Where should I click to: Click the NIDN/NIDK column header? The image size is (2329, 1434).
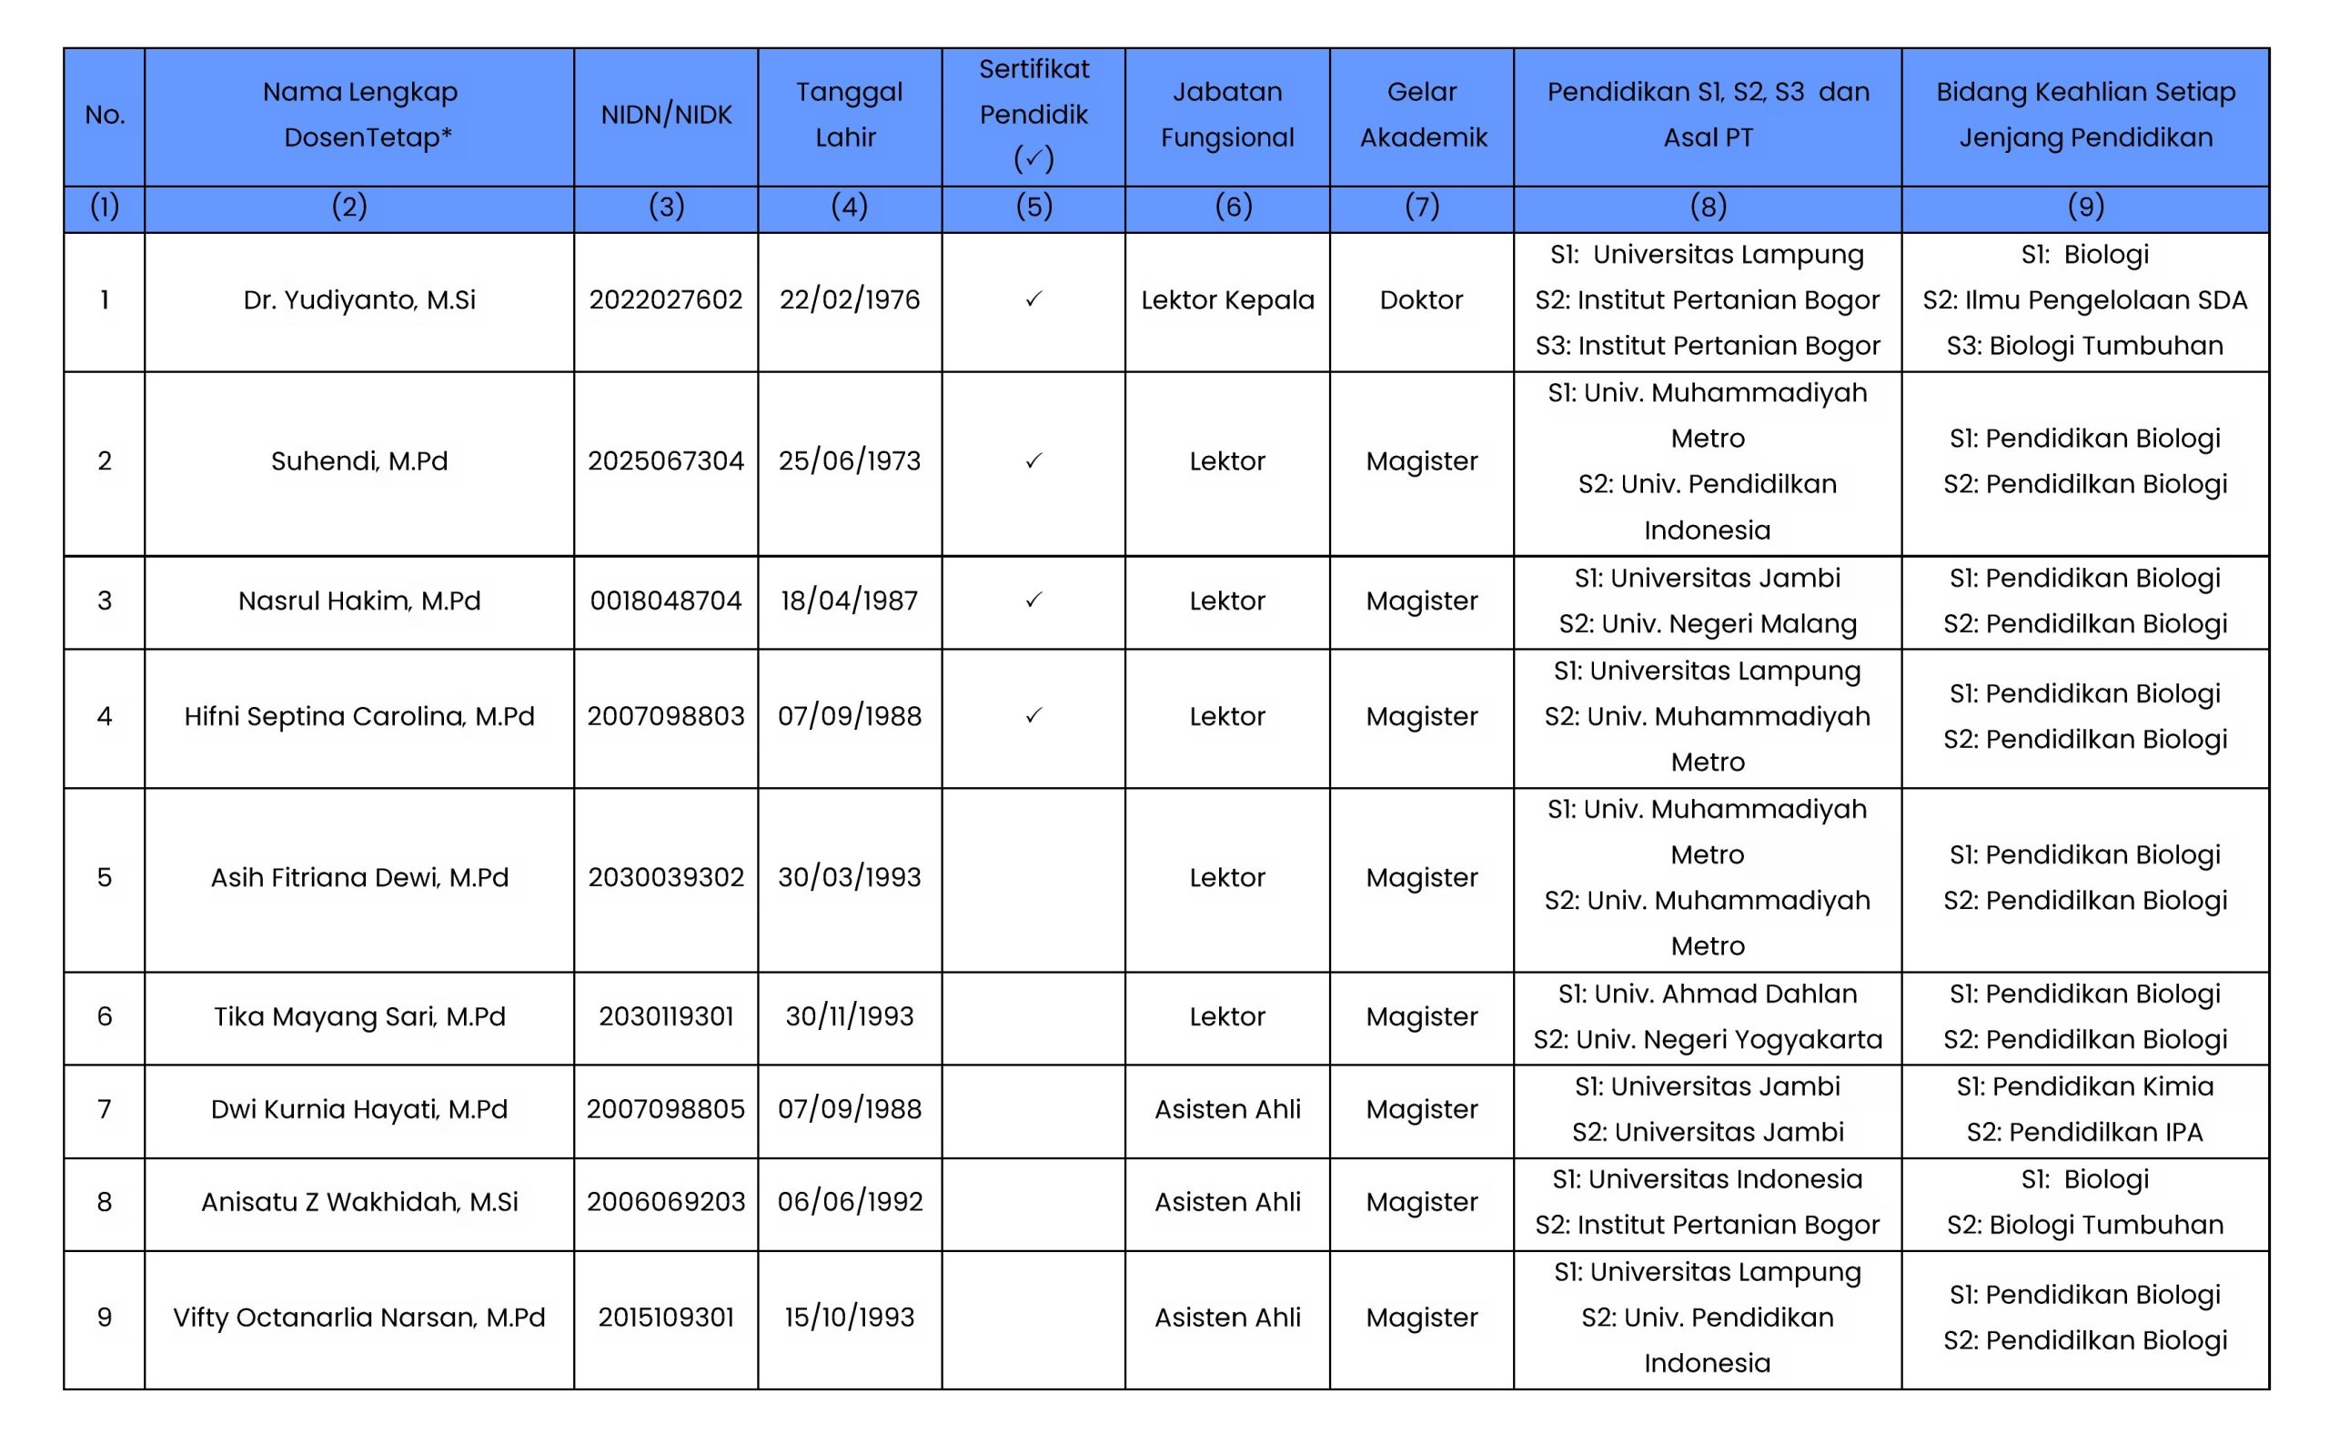[666, 115]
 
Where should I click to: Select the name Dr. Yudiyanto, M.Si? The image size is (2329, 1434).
[359, 300]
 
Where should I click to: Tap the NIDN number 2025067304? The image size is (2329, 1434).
[666, 462]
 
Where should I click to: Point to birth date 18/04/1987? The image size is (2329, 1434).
[849, 601]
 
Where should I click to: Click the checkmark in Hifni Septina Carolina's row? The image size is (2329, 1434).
[1033, 716]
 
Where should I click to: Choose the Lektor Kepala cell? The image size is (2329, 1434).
[1227, 300]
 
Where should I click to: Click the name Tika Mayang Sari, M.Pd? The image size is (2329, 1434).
[359, 1016]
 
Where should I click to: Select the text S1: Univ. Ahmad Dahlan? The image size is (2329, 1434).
[1707, 994]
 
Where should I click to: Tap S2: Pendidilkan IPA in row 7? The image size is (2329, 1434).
[2084, 1133]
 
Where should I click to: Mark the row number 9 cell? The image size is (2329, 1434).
[105, 1318]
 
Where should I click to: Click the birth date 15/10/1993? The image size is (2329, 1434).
[849, 1318]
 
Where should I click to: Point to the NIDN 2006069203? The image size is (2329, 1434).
[666, 1203]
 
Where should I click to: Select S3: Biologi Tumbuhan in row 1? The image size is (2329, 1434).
[2084, 346]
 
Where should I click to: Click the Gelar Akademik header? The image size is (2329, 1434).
[1423, 115]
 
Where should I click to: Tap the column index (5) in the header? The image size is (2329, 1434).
[1033, 207]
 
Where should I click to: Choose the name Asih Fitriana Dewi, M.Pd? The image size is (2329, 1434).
[359, 878]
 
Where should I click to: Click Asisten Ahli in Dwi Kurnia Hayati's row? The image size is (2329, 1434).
[1227, 1110]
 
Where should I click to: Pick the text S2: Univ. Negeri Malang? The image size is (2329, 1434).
[1707, 624]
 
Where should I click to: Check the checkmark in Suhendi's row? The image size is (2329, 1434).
[1033, 461]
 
